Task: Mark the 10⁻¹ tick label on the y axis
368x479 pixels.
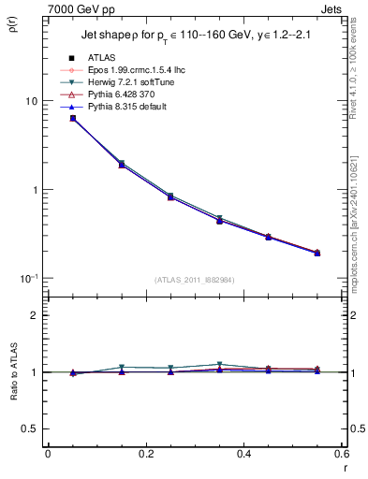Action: (x=27, y=279)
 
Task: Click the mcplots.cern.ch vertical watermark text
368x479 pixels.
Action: (x=361, y=225)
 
